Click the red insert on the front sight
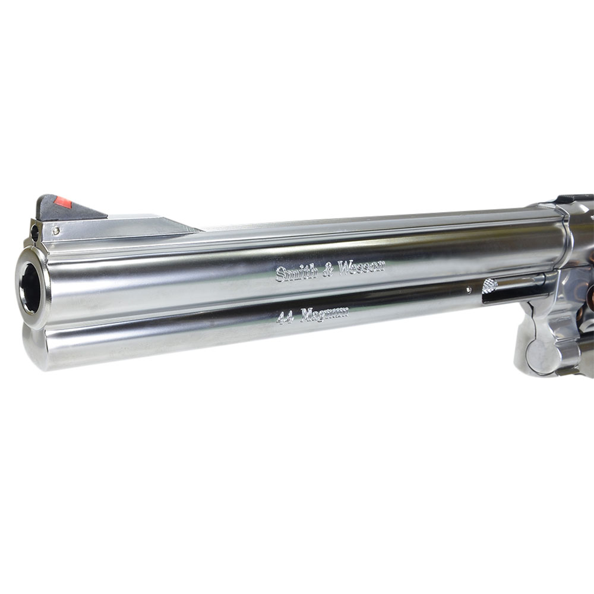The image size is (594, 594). (x=63, y=203)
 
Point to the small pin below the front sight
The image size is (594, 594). (x=56, y=230)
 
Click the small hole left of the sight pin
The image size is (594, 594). (x=34, y=233)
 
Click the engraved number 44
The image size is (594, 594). (x=285, y=317)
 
